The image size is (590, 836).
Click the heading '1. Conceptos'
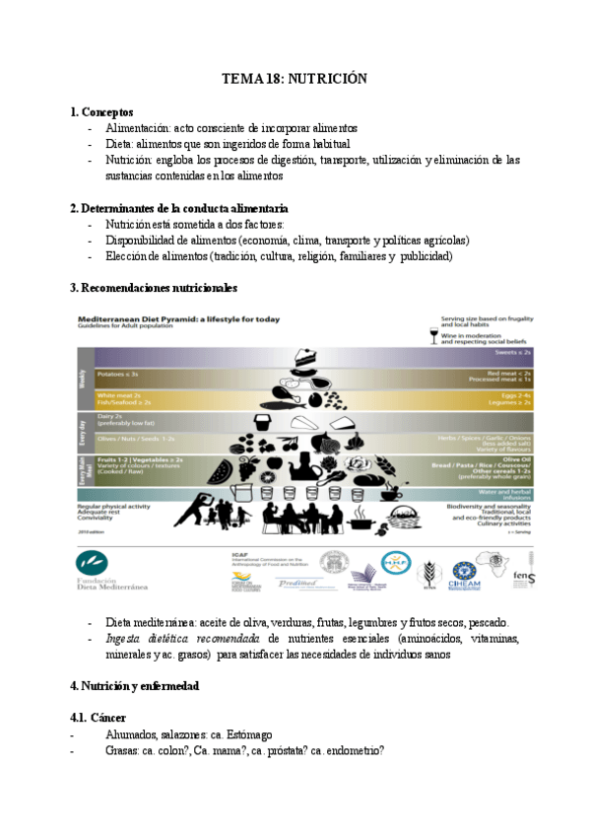(x=102, y=112)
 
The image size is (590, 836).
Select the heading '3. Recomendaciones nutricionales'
(x=154, y=288)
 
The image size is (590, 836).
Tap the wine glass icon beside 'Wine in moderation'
(x=434, y=337)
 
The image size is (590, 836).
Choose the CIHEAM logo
(x=464, y=572)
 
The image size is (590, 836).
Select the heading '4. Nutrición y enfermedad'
(x=134, y=685)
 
